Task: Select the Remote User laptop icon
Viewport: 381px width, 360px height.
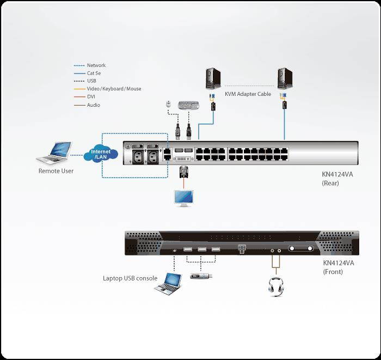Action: coord(54,152)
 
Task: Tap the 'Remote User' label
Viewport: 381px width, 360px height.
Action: coord(56,171)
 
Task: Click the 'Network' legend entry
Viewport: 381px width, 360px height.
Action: coord(96,65)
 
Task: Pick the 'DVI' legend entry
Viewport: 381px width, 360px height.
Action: coord(91,97)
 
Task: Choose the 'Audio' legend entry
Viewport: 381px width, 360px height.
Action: coord(93,105)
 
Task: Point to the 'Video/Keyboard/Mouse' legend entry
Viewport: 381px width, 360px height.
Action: coord(113,89)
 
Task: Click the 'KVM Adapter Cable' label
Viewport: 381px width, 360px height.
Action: coord(248,94)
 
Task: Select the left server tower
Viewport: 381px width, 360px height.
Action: coord(213,78)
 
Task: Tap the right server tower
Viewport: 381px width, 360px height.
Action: coord(284,78)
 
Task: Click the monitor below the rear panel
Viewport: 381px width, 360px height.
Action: coord(183,198)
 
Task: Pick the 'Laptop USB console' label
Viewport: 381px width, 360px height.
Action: coord(130,278)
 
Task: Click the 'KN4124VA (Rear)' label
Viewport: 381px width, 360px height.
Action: coord(338,179)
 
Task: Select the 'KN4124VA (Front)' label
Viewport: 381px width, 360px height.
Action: coord(338,267)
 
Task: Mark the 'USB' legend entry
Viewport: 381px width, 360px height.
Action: coord(91,81)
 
